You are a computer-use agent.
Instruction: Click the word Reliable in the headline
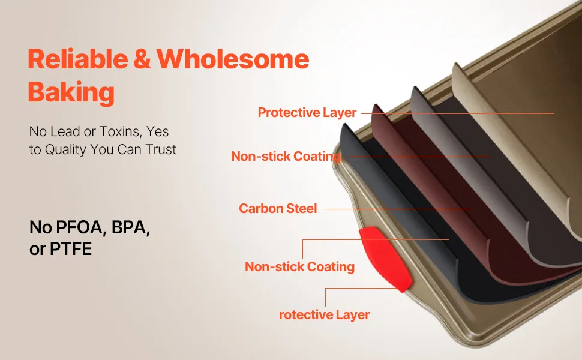[77, 59]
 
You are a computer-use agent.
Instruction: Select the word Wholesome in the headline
[233, 59]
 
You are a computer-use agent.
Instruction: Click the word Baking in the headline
[71, 92]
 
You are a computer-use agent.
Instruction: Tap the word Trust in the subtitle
[161, 149]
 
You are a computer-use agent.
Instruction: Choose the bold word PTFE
[71, 249]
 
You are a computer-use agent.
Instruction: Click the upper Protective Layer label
[307, 112]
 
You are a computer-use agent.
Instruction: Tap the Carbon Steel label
[278, 209]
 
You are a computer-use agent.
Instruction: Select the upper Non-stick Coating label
[286, 157]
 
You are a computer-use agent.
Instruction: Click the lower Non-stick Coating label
[299, 266]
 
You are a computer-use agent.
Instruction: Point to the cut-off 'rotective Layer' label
[324, 315]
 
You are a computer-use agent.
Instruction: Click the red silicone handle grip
[385, 259]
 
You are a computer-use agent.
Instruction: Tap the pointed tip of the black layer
[346, 124]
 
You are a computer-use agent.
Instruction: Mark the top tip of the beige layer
[455, 64]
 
